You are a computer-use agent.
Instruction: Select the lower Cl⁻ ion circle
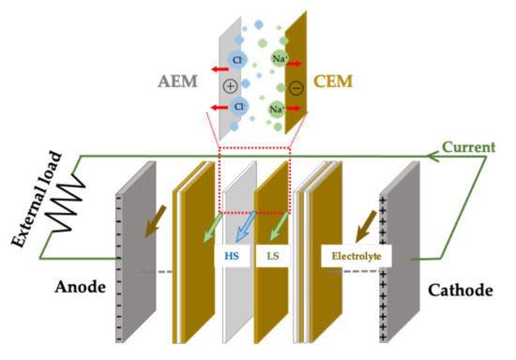click(241, 108)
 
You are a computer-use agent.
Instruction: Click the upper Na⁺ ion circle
click(279, 61)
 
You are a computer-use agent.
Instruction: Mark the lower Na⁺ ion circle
click(279, 109)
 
